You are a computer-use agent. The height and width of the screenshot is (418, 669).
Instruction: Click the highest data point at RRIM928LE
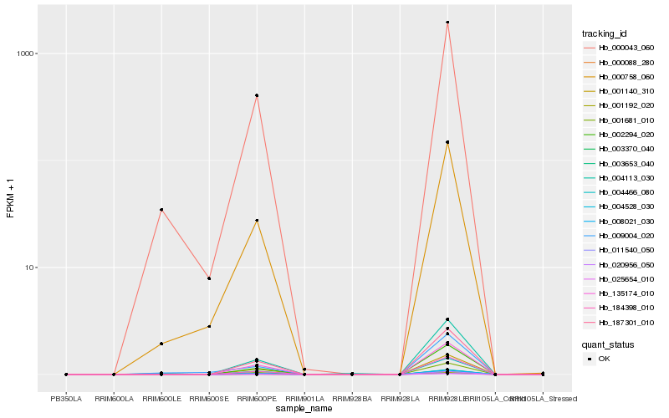(448, 23)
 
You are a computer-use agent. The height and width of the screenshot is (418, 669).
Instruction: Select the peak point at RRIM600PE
(257, 95)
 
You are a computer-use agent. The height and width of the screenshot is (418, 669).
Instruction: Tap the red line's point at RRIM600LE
(161, 210)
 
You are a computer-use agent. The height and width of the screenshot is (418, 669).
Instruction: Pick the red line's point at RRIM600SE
(209, 278)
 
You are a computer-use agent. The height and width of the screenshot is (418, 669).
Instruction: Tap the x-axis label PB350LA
(66, 398)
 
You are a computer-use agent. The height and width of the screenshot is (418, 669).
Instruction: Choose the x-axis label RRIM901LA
(304, 398)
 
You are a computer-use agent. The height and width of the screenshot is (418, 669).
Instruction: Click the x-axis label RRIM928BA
(352, 398)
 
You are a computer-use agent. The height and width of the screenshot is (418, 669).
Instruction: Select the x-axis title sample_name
(304, 409)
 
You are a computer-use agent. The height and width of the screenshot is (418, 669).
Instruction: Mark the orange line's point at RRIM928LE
(448, 142)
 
